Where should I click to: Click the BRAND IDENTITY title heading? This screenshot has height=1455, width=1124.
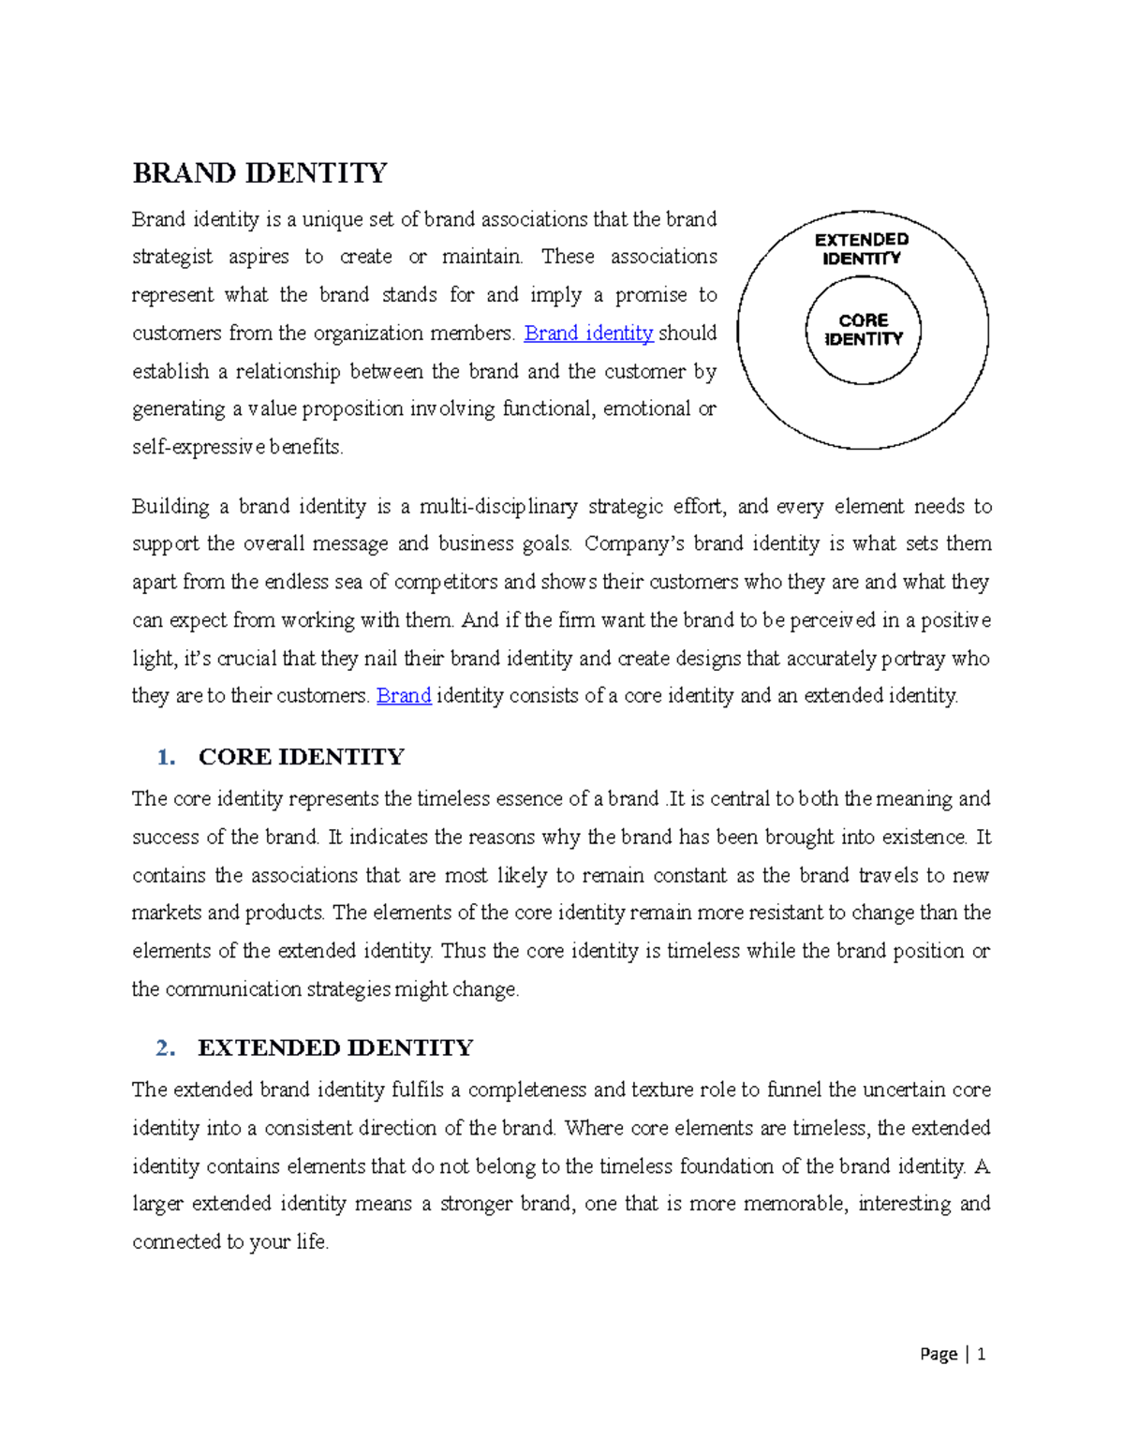tap(259, 173)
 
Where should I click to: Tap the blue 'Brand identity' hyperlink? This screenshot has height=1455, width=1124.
tap(588, 334)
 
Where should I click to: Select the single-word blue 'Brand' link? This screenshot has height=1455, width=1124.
tap(403, 696)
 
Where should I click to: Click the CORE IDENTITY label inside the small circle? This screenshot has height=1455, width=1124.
tap(864, 330)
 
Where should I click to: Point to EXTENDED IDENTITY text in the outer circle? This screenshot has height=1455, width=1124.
tap(862, 249)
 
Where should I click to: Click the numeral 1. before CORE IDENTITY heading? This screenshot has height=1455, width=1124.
tap(167, 757)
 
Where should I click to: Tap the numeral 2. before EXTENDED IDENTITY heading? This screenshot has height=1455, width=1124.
tap(167, 1047)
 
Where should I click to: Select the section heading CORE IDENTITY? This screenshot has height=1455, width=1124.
tap(301, 757)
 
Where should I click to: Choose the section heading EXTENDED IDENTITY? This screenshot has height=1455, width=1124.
tap(335, 1047)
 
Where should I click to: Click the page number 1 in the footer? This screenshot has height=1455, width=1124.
tap(981, 1354)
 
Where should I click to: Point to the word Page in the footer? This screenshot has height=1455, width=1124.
tap(939, 1354)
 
